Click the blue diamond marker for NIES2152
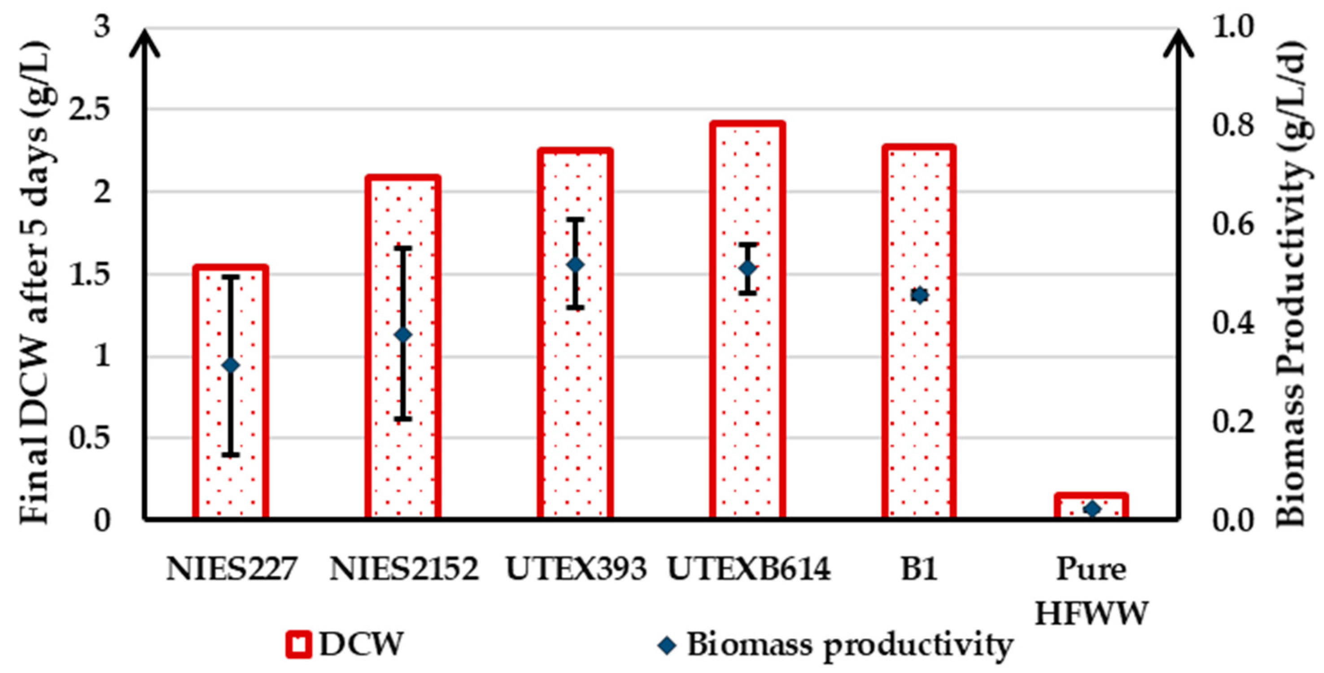tap(403, 334)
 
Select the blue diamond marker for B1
tap(919, 295)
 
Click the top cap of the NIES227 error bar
tap(231, 277)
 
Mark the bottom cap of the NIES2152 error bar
tap(403, 419)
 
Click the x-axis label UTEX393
tap(576, 570)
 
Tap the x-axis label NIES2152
tap(404, 570)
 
